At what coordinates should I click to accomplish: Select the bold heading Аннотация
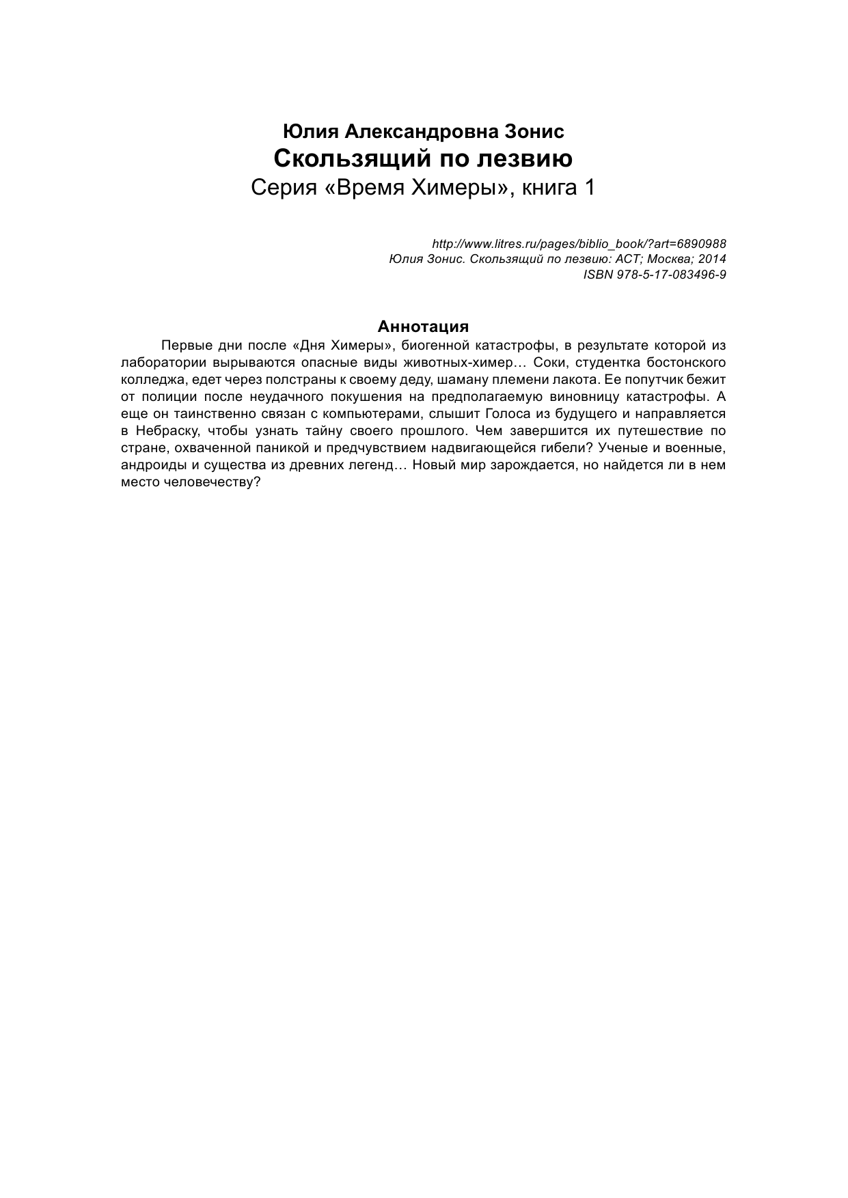(423, 326)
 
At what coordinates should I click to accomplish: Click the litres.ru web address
(579, 244)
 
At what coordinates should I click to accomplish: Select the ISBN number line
(655, 275)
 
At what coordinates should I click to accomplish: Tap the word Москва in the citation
(668, 260)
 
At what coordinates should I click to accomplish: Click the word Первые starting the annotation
(184, 344)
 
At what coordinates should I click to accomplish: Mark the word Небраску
(163, 431)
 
